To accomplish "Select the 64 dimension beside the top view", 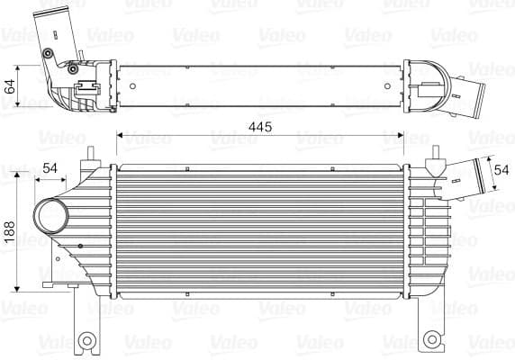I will pos(10,87).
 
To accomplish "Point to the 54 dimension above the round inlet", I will pos(50,168).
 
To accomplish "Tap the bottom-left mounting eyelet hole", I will pos(87,340).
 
